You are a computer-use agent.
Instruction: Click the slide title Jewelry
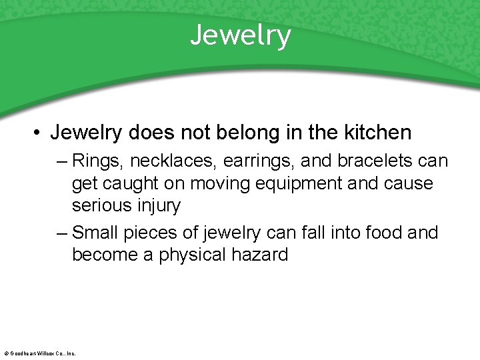click(241, 35)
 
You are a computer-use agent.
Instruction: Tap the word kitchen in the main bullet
click(378, 133)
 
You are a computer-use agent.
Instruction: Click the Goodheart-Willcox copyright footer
click(39, 353)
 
